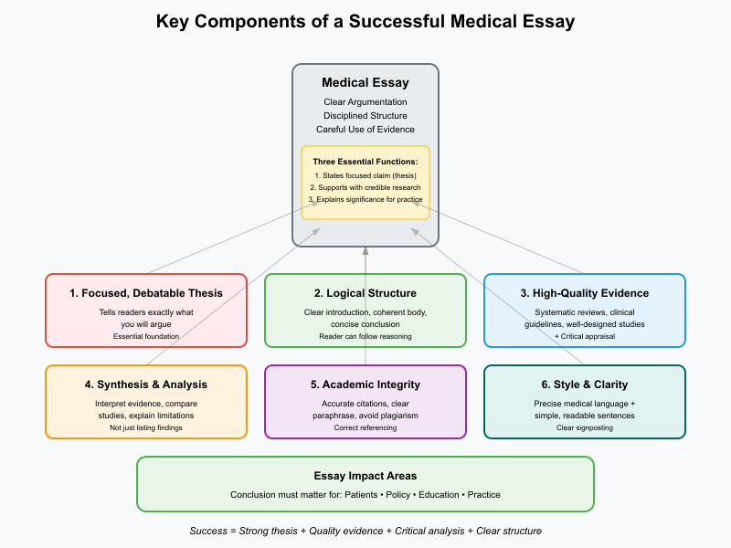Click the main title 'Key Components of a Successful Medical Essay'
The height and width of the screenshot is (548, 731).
[365, 21]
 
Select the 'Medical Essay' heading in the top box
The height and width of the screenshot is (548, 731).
[365, 83]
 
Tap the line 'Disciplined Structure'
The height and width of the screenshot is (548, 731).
[365, 115]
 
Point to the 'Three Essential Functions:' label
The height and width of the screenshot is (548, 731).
[365, 162]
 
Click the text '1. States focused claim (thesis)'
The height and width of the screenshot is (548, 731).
[365, 174]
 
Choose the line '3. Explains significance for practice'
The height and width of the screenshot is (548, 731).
[365, 198]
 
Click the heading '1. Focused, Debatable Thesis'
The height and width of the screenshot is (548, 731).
[146, 293]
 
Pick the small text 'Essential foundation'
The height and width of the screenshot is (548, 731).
[146, 336]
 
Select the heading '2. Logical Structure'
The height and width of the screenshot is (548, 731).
[365, 293]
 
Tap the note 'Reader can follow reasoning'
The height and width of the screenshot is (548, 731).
[365, 336]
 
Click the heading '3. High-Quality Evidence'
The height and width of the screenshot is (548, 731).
[585, 293]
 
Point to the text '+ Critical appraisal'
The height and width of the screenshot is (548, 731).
[585, 336]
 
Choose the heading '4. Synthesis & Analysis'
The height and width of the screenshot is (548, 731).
[146, 385]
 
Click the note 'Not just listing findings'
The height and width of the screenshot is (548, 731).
[146, 427]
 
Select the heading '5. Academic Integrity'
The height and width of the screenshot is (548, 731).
[365, 385]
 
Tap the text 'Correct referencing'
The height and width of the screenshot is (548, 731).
[365, 427]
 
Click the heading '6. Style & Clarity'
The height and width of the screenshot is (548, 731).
[585, 385]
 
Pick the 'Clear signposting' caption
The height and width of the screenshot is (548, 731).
[585, 427]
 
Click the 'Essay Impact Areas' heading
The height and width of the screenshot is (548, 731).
[365, 476]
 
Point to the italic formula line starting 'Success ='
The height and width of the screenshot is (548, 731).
[365, 531]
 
